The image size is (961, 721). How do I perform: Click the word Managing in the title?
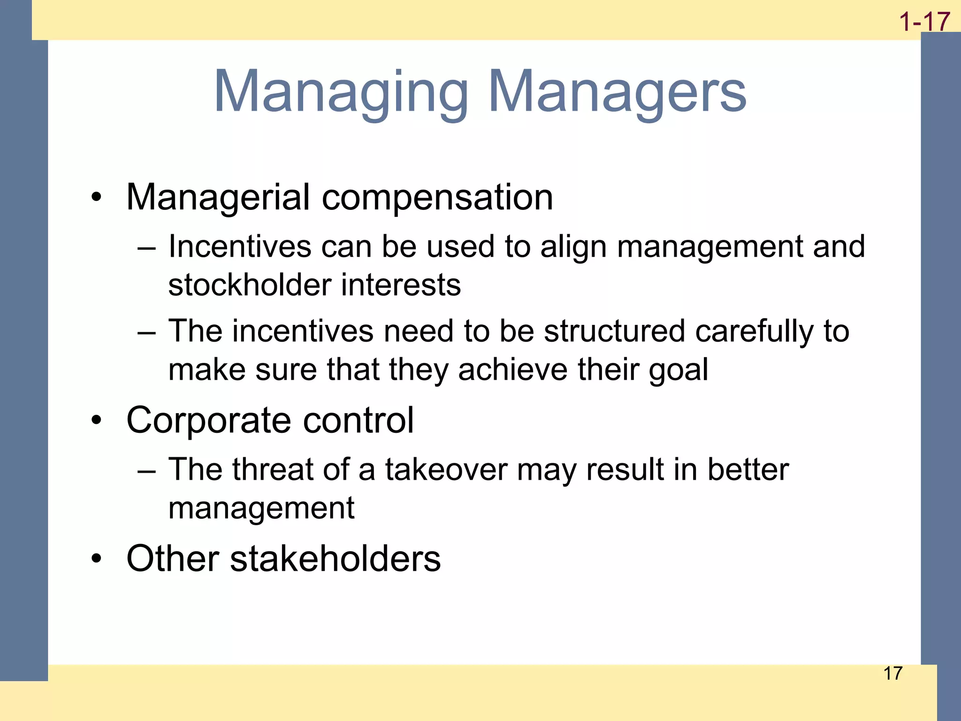click(341, 92)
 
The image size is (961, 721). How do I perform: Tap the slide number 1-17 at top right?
click(924, 22)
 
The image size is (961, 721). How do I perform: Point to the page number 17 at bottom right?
click(892, 673)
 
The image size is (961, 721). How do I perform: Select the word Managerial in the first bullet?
click(218, 197)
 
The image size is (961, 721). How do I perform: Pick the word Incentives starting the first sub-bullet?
click(239, 246)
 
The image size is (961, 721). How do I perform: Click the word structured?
click(615, 331)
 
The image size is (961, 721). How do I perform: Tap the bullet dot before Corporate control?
click(96, 420)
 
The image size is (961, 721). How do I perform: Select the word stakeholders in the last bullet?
click(336, 559)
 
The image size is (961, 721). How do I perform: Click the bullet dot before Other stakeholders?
click(96, 559)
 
